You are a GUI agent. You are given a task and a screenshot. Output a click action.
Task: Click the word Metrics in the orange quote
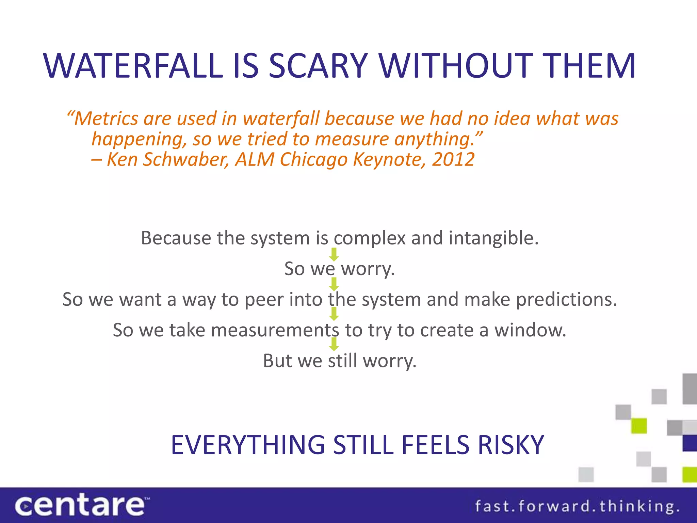106,119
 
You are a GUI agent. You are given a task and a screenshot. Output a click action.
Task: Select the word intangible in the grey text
493,238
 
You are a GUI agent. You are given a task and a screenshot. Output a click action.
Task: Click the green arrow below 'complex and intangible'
334,254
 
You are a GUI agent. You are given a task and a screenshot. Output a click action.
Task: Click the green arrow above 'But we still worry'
334,344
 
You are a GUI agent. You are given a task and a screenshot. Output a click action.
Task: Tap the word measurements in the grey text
275,330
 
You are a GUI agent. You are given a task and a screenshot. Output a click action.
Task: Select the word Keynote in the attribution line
389,159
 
